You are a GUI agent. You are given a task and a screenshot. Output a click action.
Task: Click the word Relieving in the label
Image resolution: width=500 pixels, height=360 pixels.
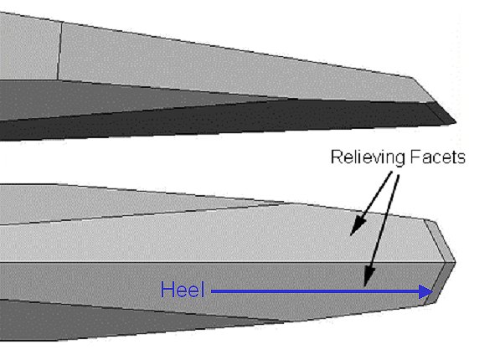[x=368, y=157]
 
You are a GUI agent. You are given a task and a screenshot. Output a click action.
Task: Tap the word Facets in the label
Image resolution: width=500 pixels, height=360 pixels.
[x=437, y=157]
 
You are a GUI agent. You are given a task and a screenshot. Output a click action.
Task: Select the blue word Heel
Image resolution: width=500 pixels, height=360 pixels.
[x=183, y=290]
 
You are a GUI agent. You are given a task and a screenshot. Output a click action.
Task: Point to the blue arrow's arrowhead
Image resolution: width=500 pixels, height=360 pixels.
[x=425, y=291]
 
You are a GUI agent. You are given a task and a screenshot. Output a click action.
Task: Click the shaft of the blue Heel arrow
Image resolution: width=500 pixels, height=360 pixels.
[x=315, y=291]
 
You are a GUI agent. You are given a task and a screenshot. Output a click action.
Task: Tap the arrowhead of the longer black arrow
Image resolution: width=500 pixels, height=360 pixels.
[x=369, y=277]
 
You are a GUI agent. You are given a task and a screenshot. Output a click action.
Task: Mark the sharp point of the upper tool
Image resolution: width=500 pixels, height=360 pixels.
[x=456, y=121]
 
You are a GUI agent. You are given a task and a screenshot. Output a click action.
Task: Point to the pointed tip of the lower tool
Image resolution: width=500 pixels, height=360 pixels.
[x=456, y=262]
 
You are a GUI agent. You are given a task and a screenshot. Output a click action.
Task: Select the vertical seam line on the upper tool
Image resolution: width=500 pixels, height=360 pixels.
[x=59, y=51]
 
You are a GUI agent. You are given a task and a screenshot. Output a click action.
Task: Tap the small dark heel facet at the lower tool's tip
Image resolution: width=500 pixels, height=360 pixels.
[x=441, y=282]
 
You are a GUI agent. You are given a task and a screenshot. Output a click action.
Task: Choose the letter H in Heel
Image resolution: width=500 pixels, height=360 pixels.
[x=168, y=290]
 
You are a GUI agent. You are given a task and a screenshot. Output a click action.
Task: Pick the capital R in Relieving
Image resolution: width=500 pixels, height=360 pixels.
[x=337, y=157]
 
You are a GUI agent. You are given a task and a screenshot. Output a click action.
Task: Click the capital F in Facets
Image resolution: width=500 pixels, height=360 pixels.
[x=415, y=157]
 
